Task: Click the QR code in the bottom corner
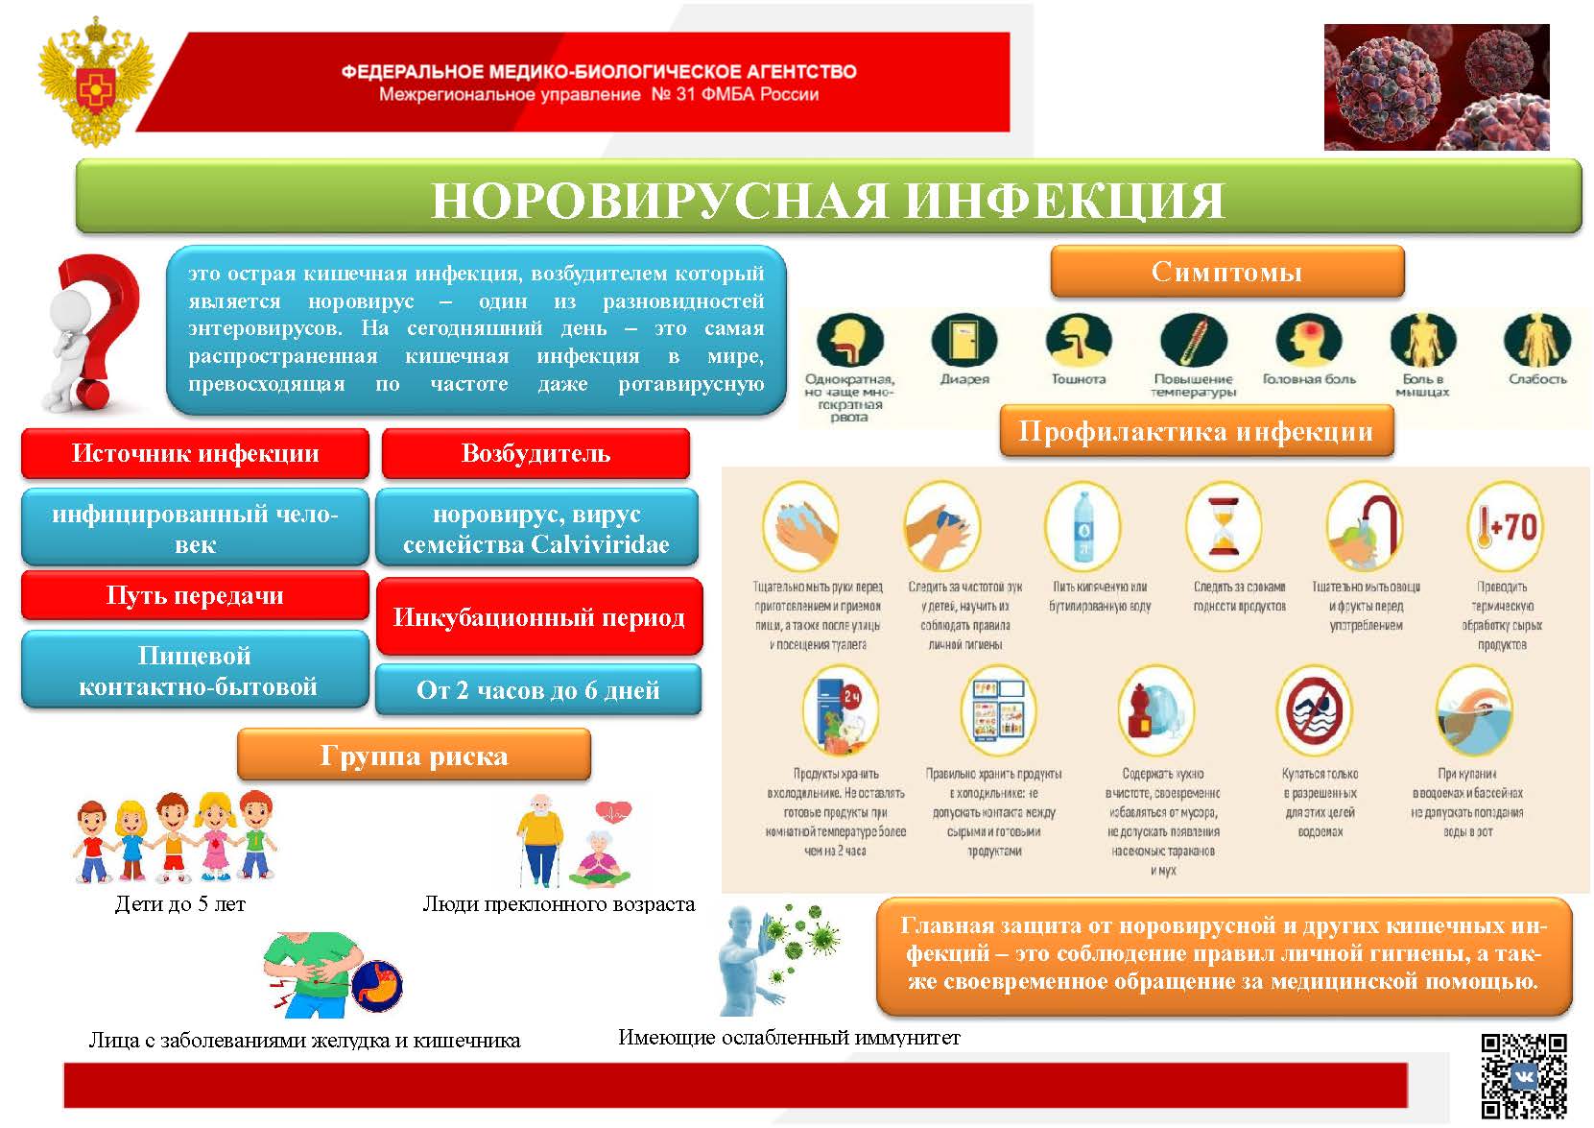[x=1523, y=1075]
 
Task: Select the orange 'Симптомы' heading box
[x=1226, y=272]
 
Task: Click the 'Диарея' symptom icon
[x=964, y=341]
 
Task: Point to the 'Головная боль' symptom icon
[x=1308, y=341]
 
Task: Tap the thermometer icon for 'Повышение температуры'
[x=1193, y=341]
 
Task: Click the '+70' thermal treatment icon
[x=1504, y=526]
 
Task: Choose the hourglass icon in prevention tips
[x=1223, y=526]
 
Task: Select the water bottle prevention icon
[x=1082, y=526]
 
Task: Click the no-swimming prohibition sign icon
[x=1318, y=712]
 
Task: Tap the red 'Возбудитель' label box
[x=535, y=453]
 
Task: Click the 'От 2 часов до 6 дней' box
[x=537, y=690]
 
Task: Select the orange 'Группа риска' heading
[x=414, y=756]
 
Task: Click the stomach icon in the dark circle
[x=377, y=984]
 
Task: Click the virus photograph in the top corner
[x=1436, y=86]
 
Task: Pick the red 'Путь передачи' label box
[x=195, y=595]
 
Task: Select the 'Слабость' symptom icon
[x=1536, y=341]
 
